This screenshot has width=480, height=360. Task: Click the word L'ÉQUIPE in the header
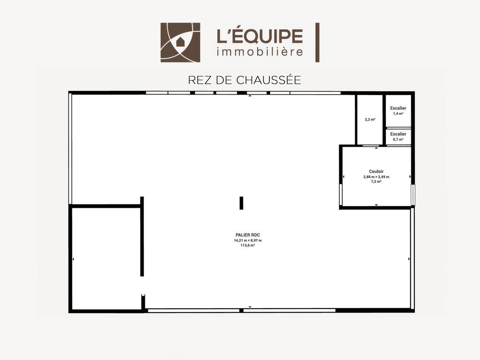[260, 36]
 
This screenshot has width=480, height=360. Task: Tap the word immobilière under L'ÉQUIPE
[260, 51]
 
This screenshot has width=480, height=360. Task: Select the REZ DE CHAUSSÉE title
[244, 80]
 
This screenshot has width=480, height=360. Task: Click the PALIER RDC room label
[248, 235]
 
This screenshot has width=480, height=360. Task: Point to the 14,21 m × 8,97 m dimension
[248, 240]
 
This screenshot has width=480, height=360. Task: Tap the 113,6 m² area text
[248, 245]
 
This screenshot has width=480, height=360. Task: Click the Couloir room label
[376, 171]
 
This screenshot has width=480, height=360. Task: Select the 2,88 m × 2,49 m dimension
[376, 177]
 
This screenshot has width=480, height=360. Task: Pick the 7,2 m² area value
[376, 181]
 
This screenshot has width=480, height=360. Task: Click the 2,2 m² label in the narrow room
[370, 120]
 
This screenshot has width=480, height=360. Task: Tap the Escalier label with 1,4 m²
[398, 108]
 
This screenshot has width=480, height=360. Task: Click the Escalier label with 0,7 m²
[398, 134]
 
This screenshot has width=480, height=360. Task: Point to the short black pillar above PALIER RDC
[241, 203]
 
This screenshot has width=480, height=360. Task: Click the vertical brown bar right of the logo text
[317, 43]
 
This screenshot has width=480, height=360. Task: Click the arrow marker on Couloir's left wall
[344, 177]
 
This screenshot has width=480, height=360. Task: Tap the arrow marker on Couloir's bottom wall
[376, 205]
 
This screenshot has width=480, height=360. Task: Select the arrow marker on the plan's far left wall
[73, 259]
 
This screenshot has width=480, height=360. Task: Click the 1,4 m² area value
[398, 114]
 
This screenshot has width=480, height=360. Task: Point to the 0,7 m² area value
[398, 140]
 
